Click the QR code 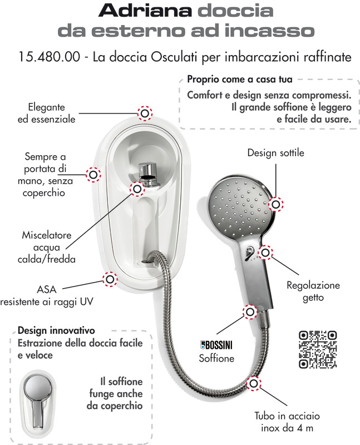pyautogui.click(x=318, y=350)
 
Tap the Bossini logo pyautogui.click(x=216, y=345)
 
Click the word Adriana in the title pyautogui.click(x=145, y=11)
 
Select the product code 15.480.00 pyautogui.click(x=49, y=57)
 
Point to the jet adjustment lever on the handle pyautogui.click(x=249, y=253)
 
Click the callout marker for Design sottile pyautogui.click(x=276, y=204)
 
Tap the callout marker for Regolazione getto pyautogui.click(x=265, y=253)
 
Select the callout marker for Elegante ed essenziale pyautogui.click(x=145, y=113)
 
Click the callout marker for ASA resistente pyautogui.click(x=110, y=279)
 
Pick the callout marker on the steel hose pyautogui.click(x=254, y=383)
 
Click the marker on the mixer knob pyautogui.click(x=137, y=189)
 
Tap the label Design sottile pyautogui.click(x=275, y=152)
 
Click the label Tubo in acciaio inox pyautogui.click(x=287, y=422)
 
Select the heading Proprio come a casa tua pyautogui.click(x=240, y=79)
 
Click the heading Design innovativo pyautogui.click(x=56, y=330)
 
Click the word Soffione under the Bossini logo pyautogui.click(x=216, y=358)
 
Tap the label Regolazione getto pyautogui.click(x=313, y=291)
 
